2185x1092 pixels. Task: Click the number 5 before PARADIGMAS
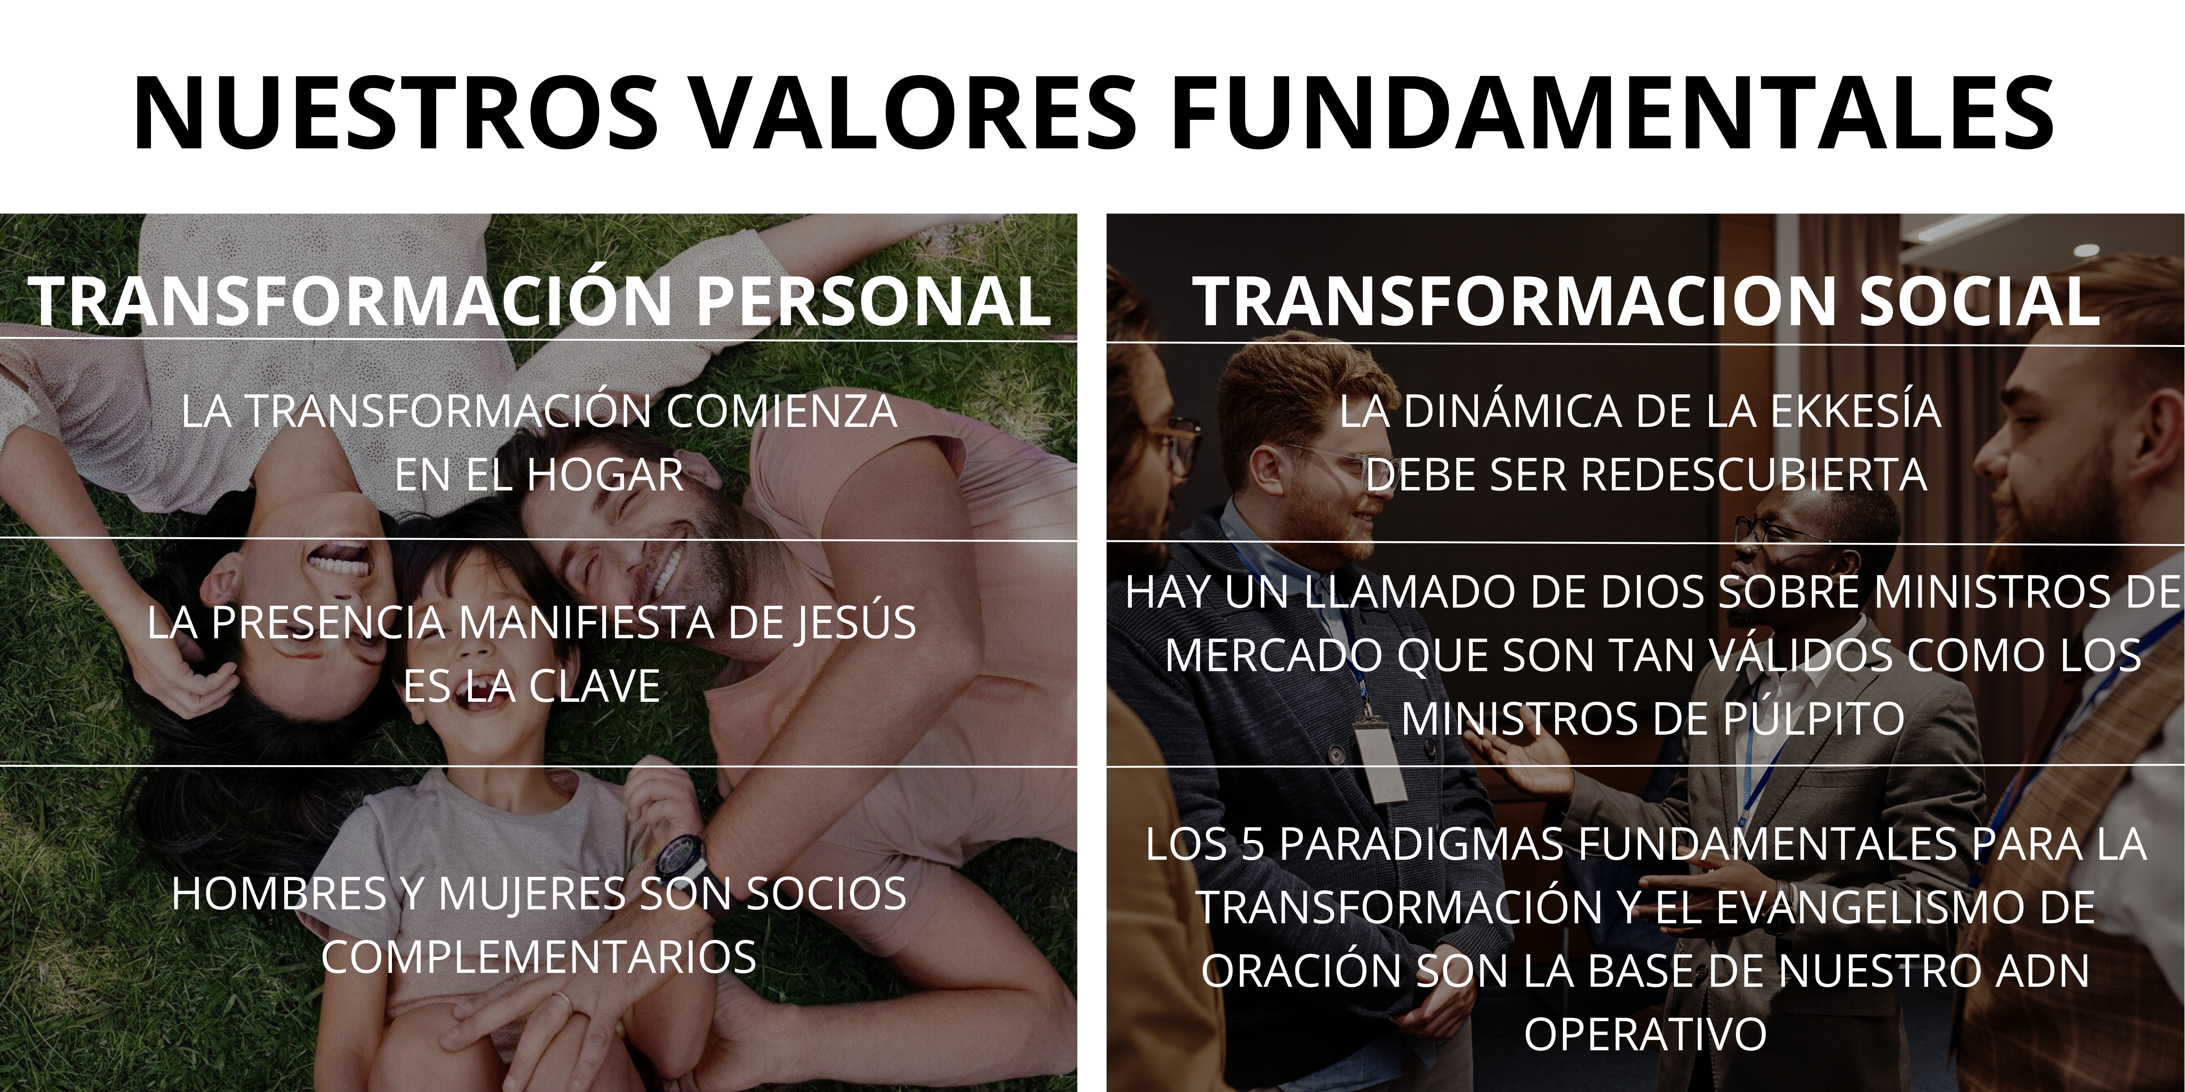(1253, 844)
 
